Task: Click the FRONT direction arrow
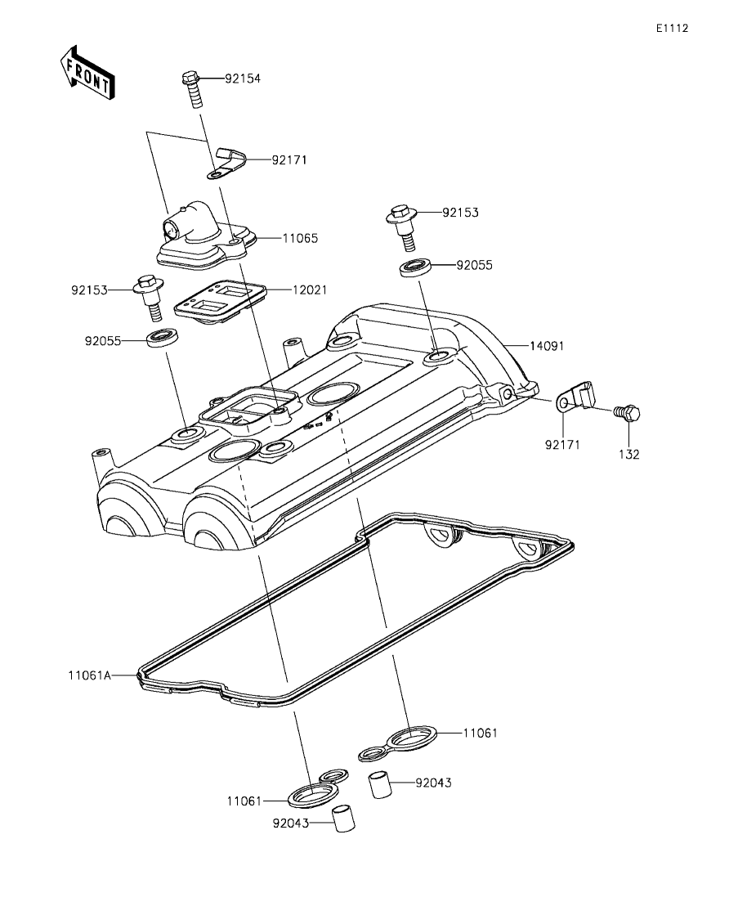coord(87,71)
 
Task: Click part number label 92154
coord(243,79)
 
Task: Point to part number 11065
coord(300,238)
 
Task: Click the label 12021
coord(310,290)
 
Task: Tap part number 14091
coord(547,346)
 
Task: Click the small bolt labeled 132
coord(627,412)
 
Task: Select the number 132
coord(629,455)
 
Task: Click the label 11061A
coord(90,675)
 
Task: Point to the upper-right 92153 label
coord(461,213)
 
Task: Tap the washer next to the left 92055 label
coord(163,337)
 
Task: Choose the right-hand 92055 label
coord(474,265)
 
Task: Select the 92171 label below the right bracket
coord(562,445)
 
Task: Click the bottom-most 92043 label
coord(290,823)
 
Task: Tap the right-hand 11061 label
coord(481,733)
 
